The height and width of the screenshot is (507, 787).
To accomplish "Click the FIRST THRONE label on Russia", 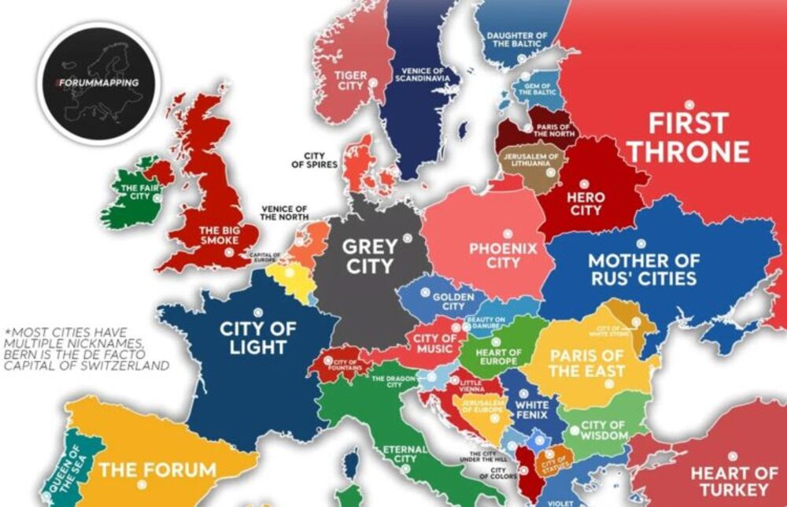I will coord(688,137).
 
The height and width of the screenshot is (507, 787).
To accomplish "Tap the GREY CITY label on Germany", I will coord(369,256).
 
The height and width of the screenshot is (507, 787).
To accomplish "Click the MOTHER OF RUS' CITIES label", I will coord(644,269).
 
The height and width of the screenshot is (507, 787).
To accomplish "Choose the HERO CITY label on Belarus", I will coord(586,203).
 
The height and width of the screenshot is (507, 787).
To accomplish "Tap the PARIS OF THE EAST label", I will coord(588,362).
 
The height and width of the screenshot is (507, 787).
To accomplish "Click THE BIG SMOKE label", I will coord(209,235).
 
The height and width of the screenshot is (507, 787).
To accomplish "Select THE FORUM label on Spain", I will coord(157,471).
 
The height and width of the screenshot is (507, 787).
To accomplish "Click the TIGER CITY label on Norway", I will coord(350,80).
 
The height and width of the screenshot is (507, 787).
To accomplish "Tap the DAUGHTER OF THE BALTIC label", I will coord(517,39).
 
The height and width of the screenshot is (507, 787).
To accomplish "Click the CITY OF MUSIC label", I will coord(434,344).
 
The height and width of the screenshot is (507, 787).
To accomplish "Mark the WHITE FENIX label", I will coord(532,411).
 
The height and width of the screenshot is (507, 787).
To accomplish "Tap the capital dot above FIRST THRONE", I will coord(689,103).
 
